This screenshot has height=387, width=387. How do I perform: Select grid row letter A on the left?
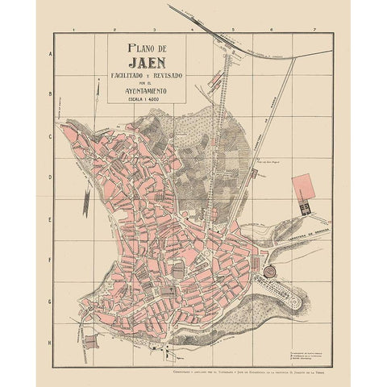[51, 54]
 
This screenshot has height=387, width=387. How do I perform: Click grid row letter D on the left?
[51, 178]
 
